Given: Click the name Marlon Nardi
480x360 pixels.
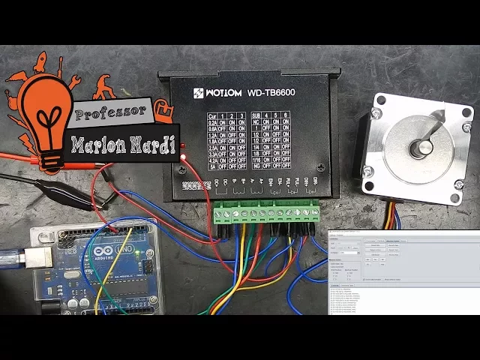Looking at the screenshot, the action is click(x=124, y=143).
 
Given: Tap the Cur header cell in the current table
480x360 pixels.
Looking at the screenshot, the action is click(x=211, y=116).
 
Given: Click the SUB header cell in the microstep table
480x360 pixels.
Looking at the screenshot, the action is click(x=256, y=116).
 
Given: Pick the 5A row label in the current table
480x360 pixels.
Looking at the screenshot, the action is click(x=211, y=165).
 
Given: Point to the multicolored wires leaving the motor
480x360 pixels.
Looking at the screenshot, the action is click(x=391, y=216).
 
